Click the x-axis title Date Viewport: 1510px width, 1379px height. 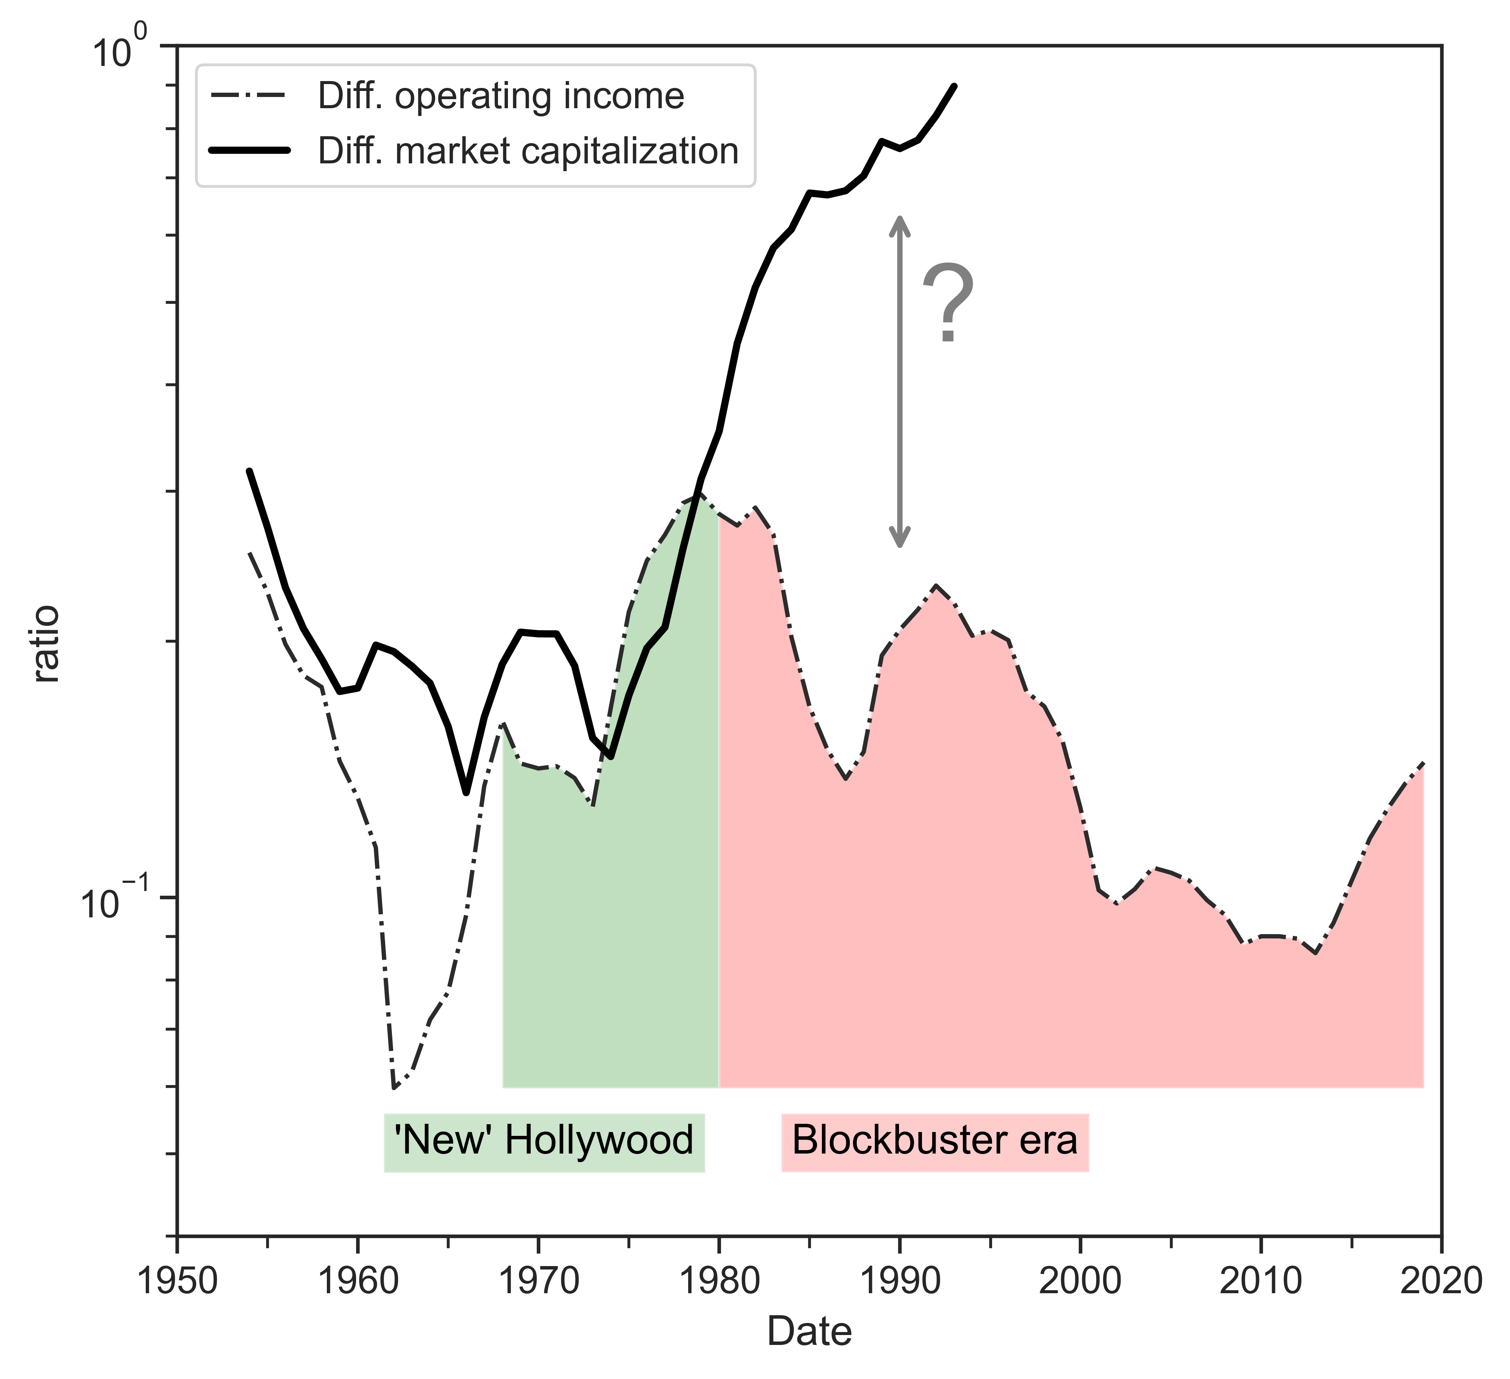(x=809, y=1332)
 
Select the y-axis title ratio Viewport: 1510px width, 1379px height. (x=47, y=644)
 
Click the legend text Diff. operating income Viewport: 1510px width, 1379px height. (x=500, y=97)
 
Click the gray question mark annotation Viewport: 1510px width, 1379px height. (x=947, y=303)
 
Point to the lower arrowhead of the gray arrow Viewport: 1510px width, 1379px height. (x=899, y=541)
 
